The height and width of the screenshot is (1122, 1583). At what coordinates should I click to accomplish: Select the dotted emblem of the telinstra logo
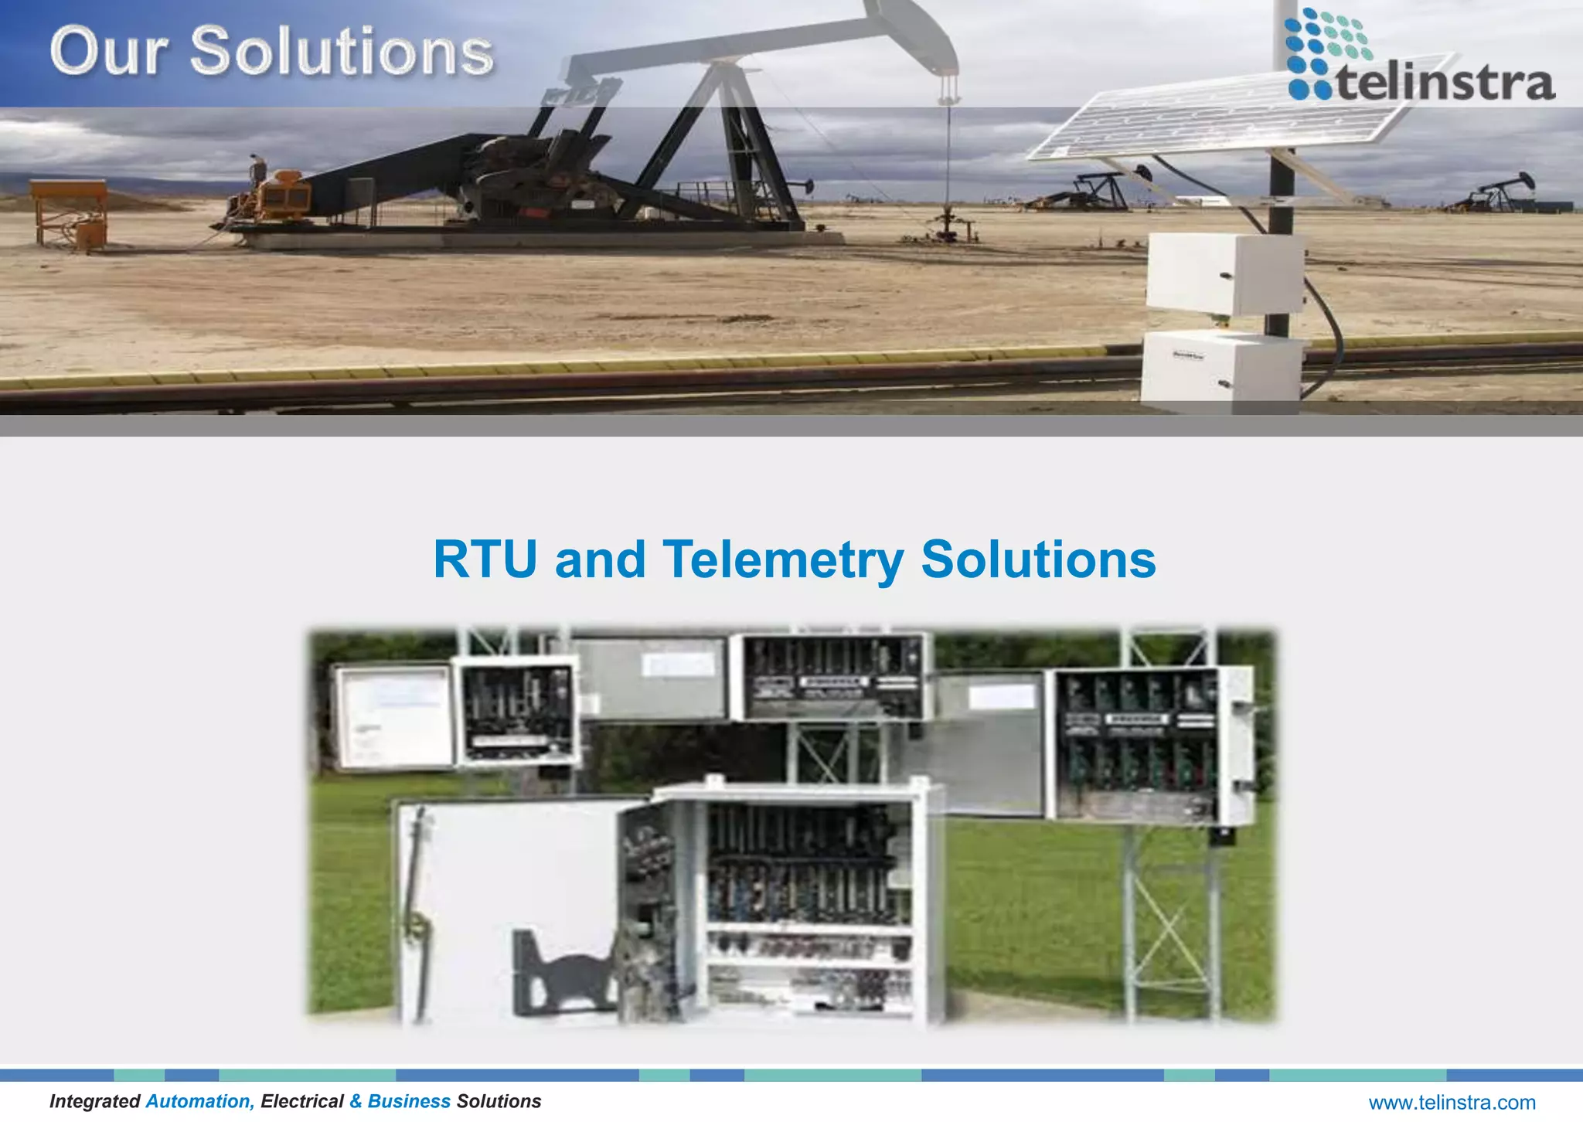[x=1323, y=53]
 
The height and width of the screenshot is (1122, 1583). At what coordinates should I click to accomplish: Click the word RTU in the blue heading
[x=485, y=559]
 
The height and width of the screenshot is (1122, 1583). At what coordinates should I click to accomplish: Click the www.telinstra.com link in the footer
[x=1452, y=1102]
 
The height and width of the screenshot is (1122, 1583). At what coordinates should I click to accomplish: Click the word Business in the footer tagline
[x=409, y=1101]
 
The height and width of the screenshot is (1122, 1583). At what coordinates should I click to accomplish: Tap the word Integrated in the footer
[x=94, y=1101]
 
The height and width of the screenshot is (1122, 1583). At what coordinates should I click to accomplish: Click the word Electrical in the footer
[x=301, y=1101]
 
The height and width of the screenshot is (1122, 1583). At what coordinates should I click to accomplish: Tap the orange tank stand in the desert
[x=69, y=212]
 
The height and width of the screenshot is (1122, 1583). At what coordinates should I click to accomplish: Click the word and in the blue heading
[x=600, y=559]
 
